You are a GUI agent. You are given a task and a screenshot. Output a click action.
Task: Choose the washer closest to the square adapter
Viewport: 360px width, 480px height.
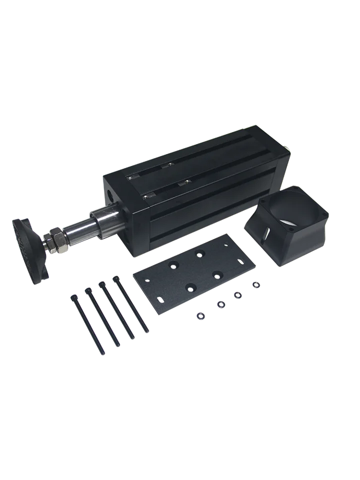click(256, 284)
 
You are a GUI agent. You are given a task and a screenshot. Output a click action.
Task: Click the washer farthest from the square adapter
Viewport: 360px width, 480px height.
click(200, 315)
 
